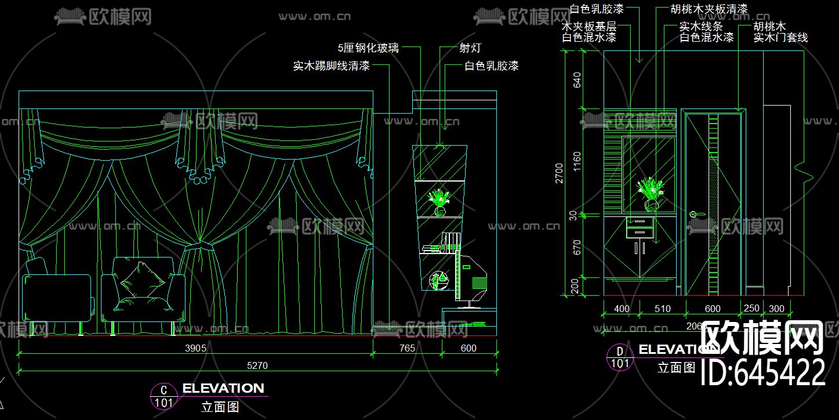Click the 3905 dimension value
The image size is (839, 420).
[196, 348]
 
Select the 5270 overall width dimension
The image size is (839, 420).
[258, 365]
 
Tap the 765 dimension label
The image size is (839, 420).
[408, 348]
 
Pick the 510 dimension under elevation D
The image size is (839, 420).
[662, 309]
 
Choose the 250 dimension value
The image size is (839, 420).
[751, 309]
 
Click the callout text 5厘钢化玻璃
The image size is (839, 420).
[369, 48]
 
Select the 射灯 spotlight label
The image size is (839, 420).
[470, 48]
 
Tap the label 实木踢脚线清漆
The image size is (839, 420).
[331, 66]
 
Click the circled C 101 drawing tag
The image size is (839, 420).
[164, 396]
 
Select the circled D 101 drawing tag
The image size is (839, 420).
[620, 357]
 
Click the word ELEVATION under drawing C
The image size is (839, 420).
[223, 388]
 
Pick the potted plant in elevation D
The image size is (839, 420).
[650, 194]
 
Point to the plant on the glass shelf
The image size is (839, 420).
[440, 201]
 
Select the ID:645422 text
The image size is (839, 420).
[763, 372]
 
